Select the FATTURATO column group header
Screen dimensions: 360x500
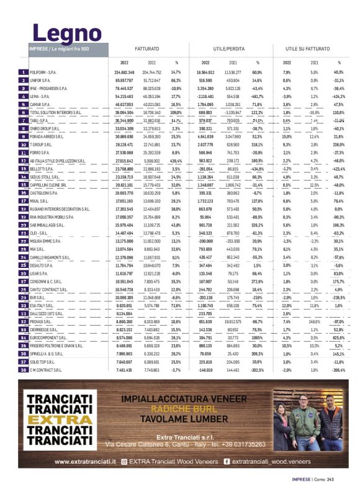pos(147,48)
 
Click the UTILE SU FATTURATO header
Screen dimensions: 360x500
pos(308,48)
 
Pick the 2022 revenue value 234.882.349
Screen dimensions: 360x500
pos(125,73)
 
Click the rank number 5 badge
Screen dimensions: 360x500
pos(23,105)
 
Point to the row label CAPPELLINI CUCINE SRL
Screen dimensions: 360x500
pos(50,185)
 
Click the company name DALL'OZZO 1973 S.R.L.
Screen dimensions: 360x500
pos(48,314)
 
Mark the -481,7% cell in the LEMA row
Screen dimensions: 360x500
pos(256,97)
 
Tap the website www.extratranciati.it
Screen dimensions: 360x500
pos(86,462)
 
